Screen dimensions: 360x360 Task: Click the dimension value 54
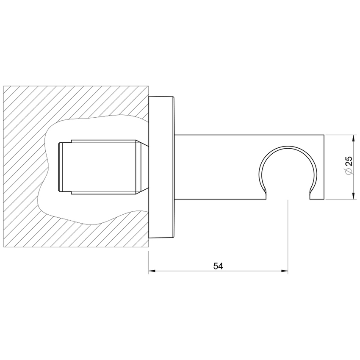coord(218,266)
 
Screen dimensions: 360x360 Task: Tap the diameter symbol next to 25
coord(349,171)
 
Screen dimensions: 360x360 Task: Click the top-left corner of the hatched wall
coord(4,87)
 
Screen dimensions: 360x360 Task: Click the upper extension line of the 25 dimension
coord(339,135)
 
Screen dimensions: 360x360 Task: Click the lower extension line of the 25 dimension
coord(339,199)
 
